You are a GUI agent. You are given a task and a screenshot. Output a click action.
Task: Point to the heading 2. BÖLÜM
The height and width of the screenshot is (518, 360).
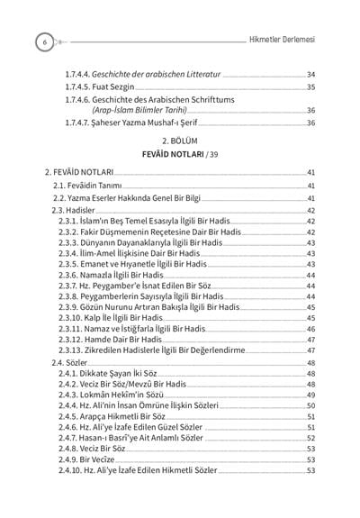tap(180, 141)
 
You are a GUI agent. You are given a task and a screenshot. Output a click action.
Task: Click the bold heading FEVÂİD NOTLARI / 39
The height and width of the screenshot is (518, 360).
tap(180, 154)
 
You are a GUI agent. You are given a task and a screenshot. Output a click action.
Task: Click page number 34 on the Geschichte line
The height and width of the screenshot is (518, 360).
tap(310, 74)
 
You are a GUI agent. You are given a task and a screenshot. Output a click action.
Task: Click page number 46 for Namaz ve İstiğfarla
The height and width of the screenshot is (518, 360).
tap(310, 330)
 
